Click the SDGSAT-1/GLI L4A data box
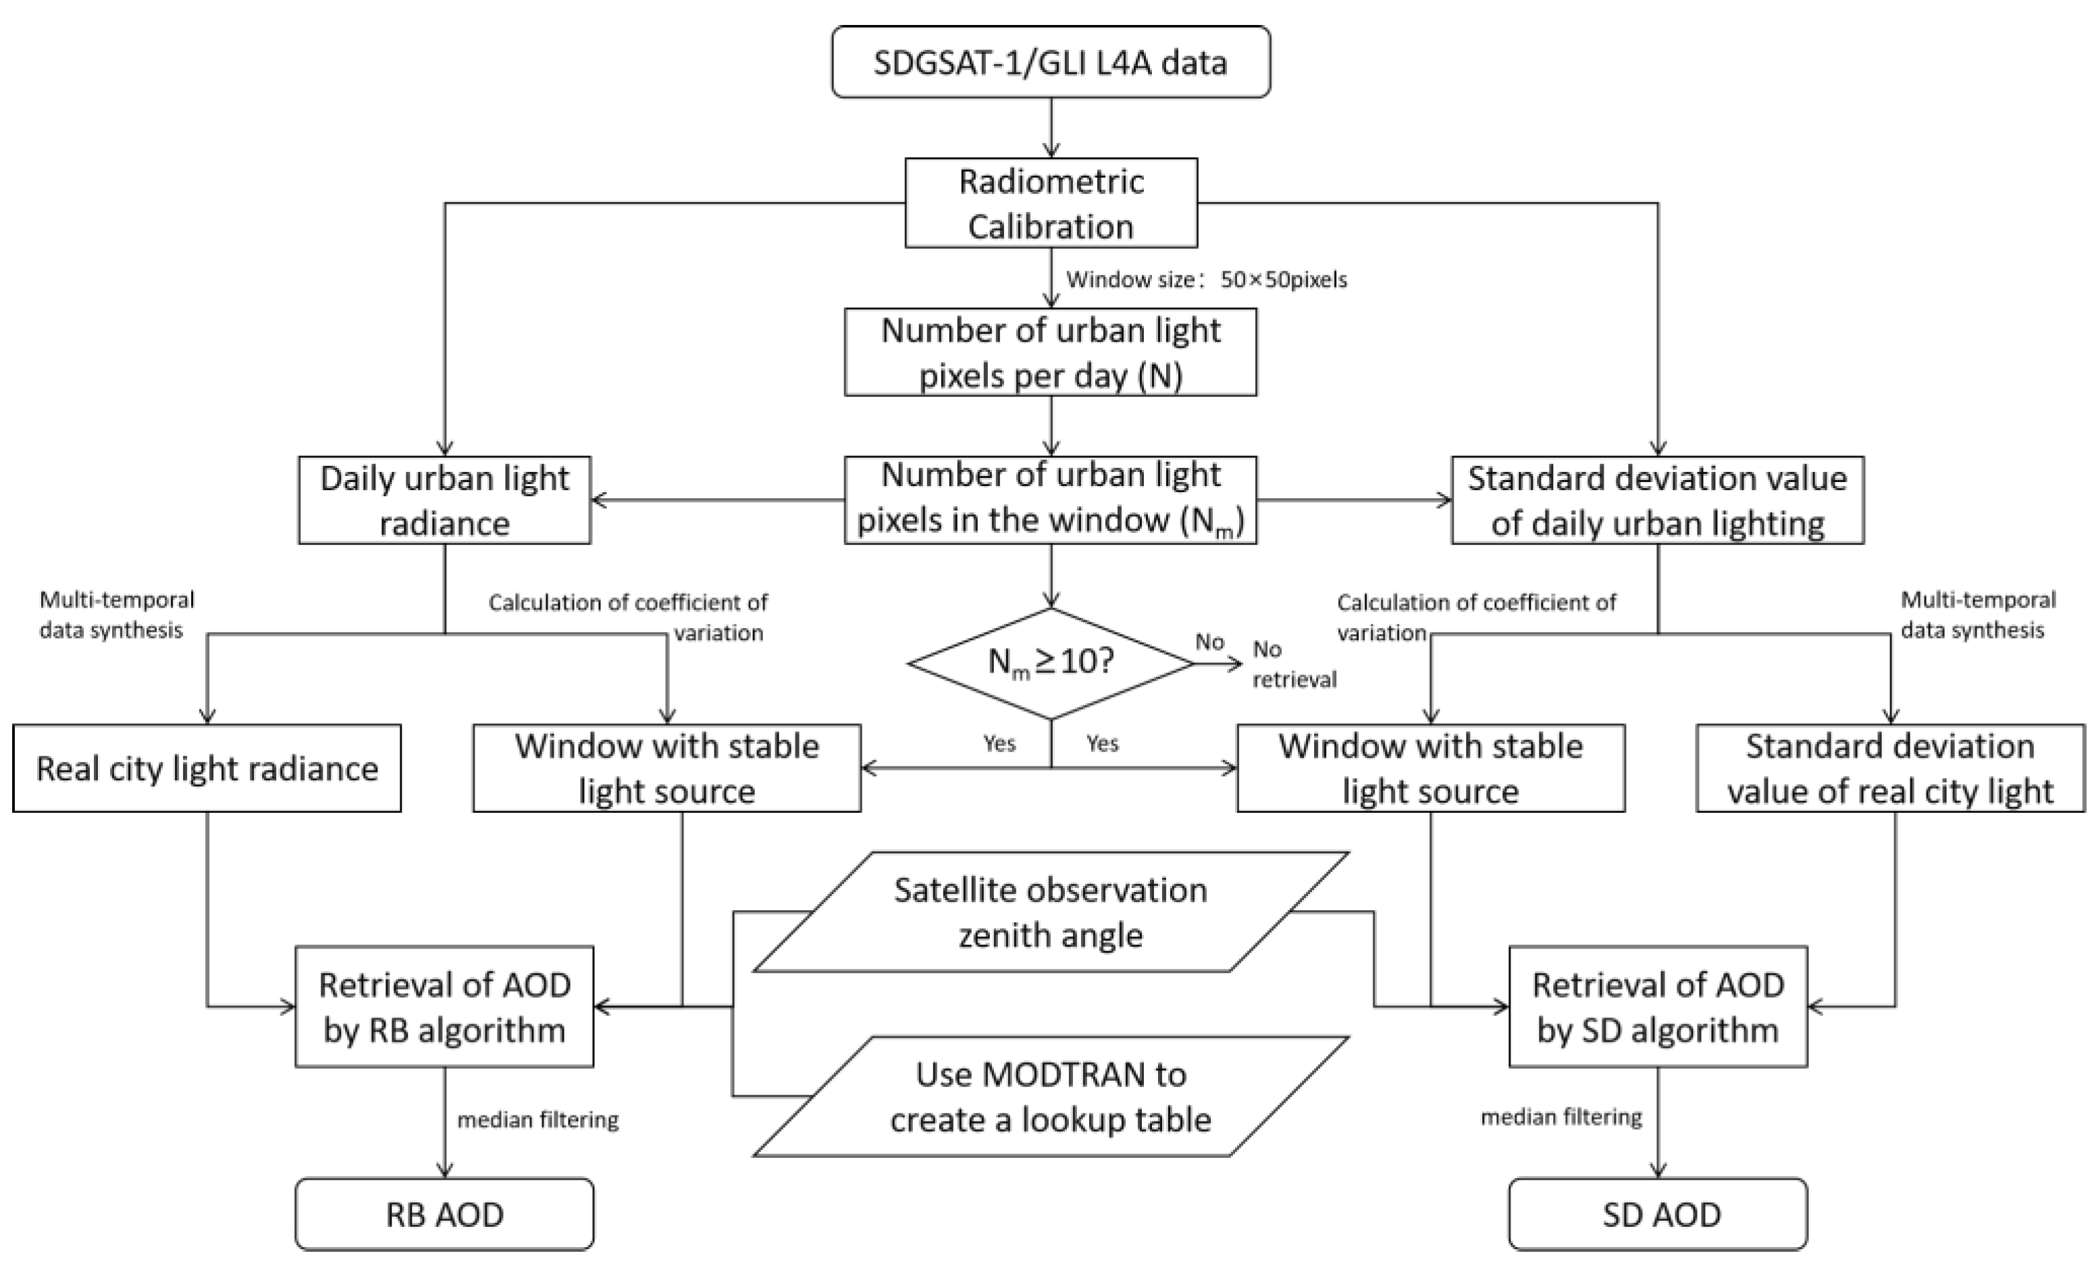point(1051,62)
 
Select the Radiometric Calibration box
point(1051,203)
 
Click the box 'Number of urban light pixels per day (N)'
point(1051,352)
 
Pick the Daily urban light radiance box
point(444,500)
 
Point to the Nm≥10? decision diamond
point(1051,662)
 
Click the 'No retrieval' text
point(1293,664)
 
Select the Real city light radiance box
point(207,768)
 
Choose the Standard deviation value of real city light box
point(1890,768)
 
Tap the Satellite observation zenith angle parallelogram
point(1051,912)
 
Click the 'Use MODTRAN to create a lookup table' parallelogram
point(1051,1097)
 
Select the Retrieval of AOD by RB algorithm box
point(444,1006)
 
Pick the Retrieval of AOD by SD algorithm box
point(1657,1006)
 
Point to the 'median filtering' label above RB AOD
point(538,1120)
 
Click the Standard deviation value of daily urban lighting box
point(1657,500)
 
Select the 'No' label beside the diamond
point(1209,641)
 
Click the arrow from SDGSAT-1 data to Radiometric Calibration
point(1051,128)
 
